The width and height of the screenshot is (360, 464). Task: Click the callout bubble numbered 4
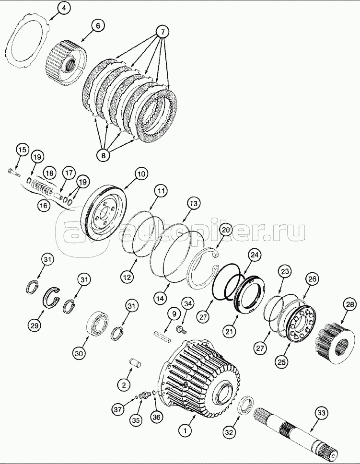64,9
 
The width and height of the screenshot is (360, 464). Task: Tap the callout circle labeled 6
98,26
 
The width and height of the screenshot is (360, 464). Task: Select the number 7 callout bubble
162,32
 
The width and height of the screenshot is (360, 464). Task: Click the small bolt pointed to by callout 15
13,172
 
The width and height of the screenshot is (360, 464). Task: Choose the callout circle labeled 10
141,174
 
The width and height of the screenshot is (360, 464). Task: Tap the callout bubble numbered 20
226,230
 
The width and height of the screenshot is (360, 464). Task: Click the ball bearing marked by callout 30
97,323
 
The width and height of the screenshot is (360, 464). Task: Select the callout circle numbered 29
35,325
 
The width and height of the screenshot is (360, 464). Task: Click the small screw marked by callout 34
180,328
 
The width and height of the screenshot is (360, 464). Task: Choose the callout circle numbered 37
118,409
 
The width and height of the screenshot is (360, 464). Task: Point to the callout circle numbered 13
193,204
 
